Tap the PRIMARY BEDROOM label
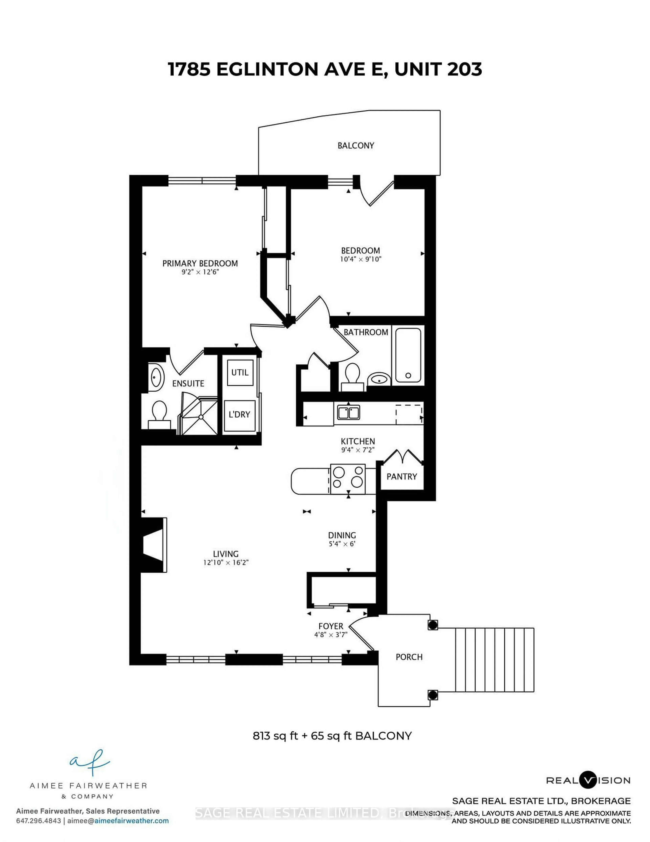click(x=200, y=263)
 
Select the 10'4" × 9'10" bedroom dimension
click(x=360, y=259)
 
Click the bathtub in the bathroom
click(x=408, y=355)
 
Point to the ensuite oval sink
click(x=156, y=377)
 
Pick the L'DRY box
click(x=240, y=414)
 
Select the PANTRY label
click(x=402, y=477)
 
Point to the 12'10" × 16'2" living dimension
click(x=226, y=562)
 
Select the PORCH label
click(x=409, y=657)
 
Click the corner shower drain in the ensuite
click(x=201, y=417)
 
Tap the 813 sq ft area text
click(x=275, y=736)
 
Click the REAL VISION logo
click(x=588, y=780)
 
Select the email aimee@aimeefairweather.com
click(x=118, y=821)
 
